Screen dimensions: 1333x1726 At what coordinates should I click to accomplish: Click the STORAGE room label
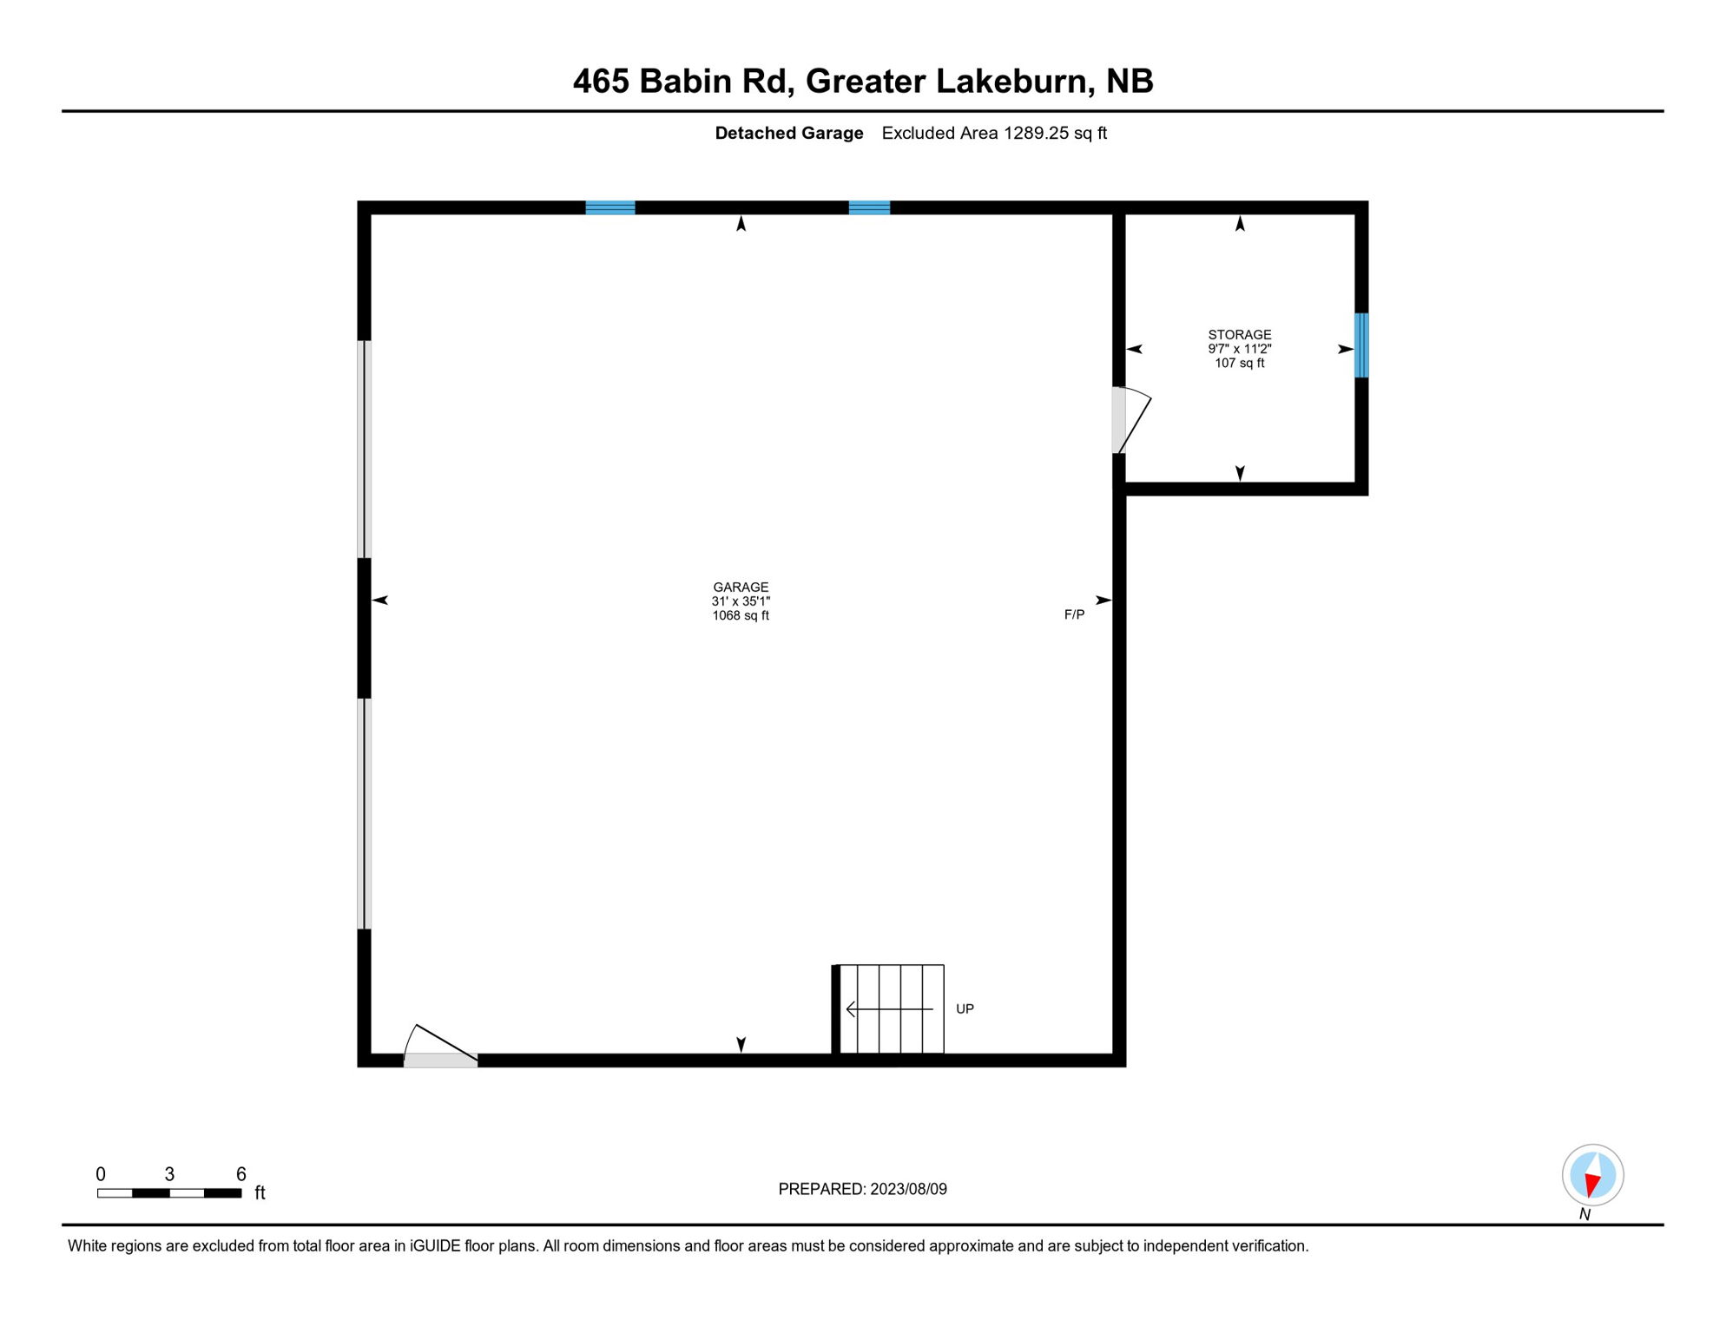(x=1239, y=335)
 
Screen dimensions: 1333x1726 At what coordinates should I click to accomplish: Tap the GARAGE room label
(x=741, y=588)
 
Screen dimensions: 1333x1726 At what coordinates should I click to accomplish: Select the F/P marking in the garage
(x=1074, y=614)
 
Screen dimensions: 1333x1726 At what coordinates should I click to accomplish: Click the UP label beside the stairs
(x=965, y=1008)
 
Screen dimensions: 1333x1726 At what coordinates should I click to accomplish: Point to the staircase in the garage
(x=890, y=1008)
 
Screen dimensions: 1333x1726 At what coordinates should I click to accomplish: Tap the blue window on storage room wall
(x=1361, y=345)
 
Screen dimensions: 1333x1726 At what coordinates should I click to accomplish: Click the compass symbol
(x=1592, y=1175)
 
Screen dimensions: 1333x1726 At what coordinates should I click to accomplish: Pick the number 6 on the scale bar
(x=241, y=1174)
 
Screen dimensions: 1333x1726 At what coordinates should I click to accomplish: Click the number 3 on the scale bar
(x=169, y=1174)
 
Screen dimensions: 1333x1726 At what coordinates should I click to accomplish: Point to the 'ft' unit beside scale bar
(x=260, y=1193)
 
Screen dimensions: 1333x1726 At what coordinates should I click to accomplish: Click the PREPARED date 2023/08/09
(x=908, y=1189)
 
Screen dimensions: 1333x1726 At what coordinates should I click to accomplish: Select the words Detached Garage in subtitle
(x=788, y=133)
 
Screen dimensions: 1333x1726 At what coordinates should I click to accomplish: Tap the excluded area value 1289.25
(x=1036, y=133)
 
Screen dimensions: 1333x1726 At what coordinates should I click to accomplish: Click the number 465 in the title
(x=601, y=82)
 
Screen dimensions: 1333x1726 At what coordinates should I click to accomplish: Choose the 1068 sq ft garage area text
(x=741, y=616)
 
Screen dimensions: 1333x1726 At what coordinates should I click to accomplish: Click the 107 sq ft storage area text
(x=1239, y=363)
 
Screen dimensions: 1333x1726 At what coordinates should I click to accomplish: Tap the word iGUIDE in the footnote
(x=435, y=1246)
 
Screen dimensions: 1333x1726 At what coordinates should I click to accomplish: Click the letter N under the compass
(x=1584, y=1215)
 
